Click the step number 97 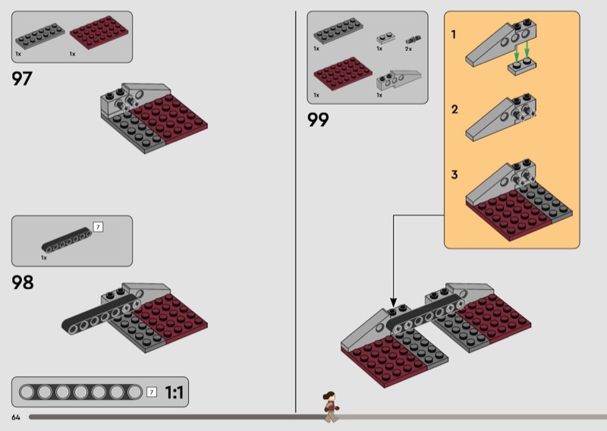pos(22,78)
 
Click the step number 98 pos(23,283)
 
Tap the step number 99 pos(318,119)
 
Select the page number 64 pos(16,417)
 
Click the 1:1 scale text pos(175,392)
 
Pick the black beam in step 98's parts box pos(65,242)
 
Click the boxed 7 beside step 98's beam pos(96,226)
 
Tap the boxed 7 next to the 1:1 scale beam pos(152,392)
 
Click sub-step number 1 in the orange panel pos(454,34)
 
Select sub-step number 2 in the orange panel pos(454,109)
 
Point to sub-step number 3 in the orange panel pos(454,175)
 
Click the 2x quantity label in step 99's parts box pos(408,49)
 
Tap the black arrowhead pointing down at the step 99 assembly pos(393,300)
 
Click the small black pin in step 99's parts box pos(412,37)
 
